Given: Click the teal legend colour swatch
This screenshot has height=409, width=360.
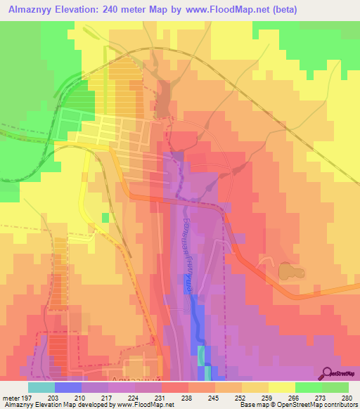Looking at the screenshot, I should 41,387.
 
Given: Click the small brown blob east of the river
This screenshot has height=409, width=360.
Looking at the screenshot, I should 287,271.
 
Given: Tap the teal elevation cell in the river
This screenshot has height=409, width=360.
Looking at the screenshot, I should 202,356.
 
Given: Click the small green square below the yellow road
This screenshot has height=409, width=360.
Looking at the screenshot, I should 105,218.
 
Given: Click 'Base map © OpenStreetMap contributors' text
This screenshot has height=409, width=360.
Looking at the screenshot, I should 296,405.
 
